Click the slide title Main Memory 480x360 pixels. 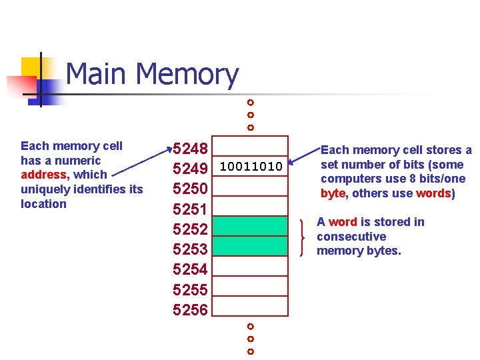152,75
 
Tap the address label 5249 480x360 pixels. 191,168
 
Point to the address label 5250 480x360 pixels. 191,189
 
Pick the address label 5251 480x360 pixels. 191,209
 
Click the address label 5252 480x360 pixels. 191,229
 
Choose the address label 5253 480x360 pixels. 191,249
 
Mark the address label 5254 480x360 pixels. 191,269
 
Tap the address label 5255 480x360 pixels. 191,290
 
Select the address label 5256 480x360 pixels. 191,310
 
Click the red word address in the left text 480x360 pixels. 45,175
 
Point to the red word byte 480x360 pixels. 333,193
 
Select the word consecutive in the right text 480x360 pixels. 351,237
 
